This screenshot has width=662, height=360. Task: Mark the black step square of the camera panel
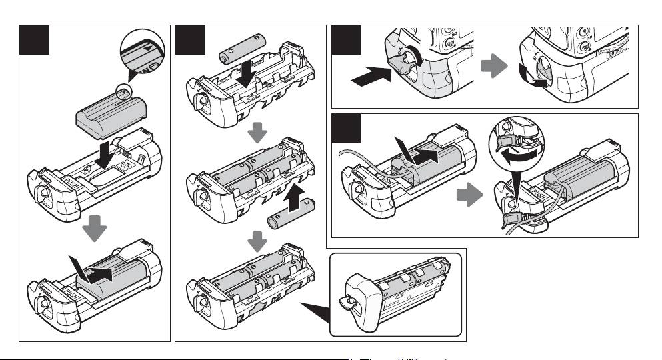346,40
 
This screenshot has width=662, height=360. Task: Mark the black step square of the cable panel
346,129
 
